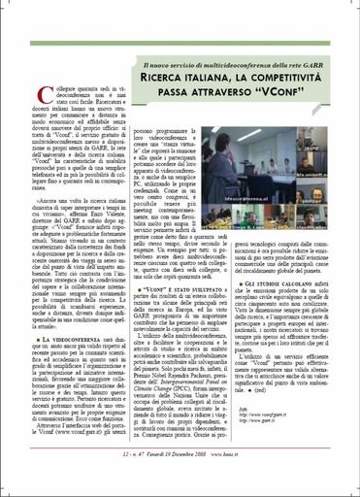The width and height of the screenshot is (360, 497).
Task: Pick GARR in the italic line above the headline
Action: click(315, 62)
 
